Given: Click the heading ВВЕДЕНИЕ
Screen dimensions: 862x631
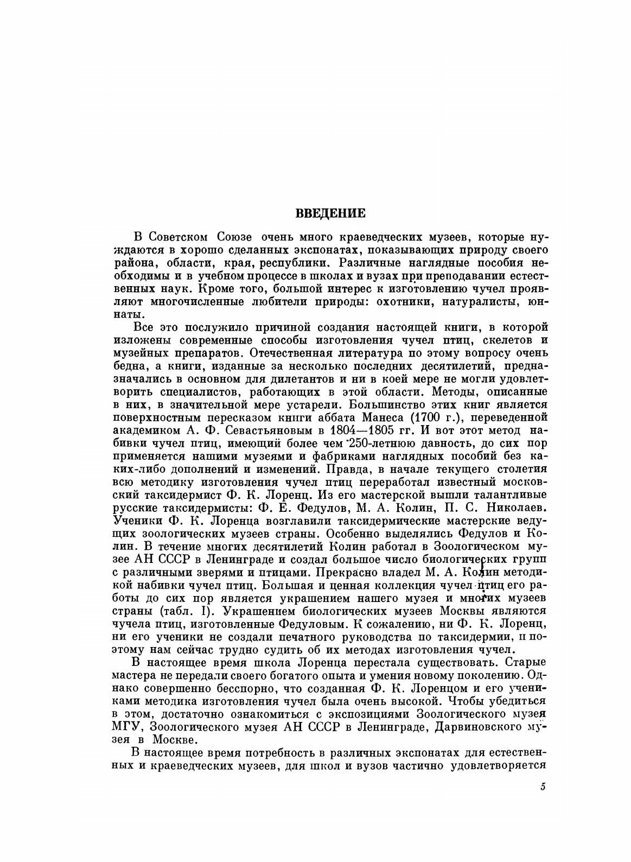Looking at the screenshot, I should (330, 213).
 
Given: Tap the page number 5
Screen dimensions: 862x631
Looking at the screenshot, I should (542, 788).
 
